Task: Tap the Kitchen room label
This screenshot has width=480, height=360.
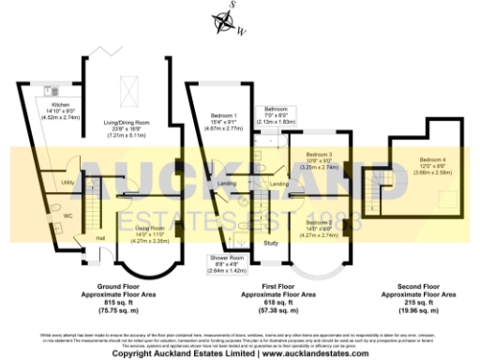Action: click(x=61, y=104)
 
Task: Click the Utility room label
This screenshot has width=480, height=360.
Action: click(x=67, y=182)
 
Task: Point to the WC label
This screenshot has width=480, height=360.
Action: click(x=67, y=216)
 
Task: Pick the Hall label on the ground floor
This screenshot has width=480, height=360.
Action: click(x=100, y=238)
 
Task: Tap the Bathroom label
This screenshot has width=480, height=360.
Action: click(x=276, y=109)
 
